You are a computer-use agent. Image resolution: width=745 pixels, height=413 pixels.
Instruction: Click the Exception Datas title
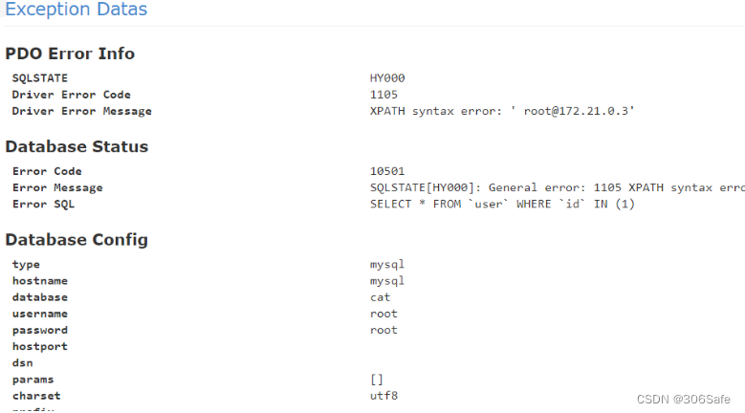(x=77, y=11)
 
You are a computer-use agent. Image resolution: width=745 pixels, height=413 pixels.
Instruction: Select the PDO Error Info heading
(x=70, y=54)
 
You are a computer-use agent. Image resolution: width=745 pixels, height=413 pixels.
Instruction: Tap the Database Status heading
(x=77, y=146)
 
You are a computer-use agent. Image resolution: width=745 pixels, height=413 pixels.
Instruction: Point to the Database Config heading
(x=77, y=239)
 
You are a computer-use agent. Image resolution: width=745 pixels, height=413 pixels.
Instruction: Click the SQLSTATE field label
(x=39, y=78)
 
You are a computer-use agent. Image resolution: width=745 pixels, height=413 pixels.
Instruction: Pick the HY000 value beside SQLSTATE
(x=387, y=78)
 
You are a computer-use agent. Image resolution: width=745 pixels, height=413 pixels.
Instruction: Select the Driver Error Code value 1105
(x=383, y=95)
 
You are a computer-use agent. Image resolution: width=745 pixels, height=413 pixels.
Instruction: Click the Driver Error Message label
(x=81, y=111)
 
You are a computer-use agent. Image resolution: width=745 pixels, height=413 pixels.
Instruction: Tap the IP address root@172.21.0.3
(x=579, y=111)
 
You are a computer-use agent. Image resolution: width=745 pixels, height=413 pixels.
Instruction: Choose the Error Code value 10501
(x=387, y=171)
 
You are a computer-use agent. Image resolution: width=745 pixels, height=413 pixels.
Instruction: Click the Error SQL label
(x=43, y=204)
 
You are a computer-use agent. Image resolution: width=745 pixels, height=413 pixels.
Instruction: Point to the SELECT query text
(x=502, y=204)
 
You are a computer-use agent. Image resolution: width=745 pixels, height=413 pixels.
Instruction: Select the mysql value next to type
(x=387, y=264)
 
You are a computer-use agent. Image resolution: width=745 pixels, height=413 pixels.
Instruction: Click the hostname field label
(x=39, y=281)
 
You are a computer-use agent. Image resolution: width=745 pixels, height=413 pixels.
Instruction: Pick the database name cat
(x=381, y=297)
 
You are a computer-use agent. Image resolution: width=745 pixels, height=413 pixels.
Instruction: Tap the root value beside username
(x=383, y=314)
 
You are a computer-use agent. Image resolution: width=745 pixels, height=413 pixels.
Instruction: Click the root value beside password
(x=383, y=330)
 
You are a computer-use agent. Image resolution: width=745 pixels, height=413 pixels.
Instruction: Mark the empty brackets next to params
(x=377, y=380)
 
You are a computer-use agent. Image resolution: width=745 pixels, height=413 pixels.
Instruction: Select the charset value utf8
(x=383, y=396)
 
